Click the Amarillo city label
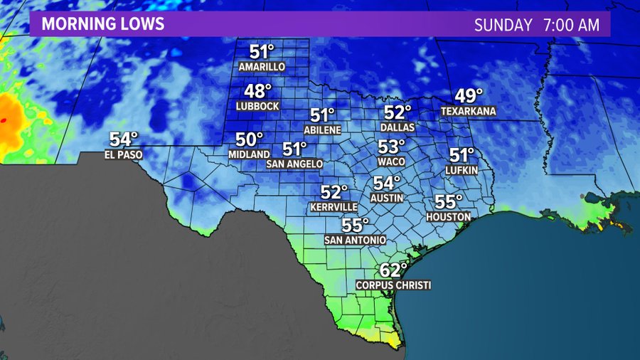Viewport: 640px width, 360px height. pos(262,67)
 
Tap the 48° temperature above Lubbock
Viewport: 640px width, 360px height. pos(258,92)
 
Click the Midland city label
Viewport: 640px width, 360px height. pos(249,154)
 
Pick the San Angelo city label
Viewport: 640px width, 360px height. pos(294,164)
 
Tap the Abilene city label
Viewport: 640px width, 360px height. pos(322,130)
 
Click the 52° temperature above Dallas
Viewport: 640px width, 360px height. pos(398,112)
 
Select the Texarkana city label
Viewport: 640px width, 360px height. pos(468,112)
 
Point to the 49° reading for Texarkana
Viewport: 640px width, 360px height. pos(469,96)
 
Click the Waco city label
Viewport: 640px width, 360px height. pos(391,162)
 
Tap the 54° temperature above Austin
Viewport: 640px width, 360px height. pos(388,183)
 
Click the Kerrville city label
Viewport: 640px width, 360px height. pos(334,207)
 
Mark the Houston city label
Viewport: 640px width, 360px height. pos(449,216)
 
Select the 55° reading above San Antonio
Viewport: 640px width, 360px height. pos(356,226)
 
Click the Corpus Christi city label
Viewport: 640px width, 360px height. pos(393,285)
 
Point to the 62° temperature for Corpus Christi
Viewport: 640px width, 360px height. pos(393,270)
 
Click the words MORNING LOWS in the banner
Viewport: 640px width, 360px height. pos(103,24)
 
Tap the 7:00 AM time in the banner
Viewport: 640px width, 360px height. pos(571,25)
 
